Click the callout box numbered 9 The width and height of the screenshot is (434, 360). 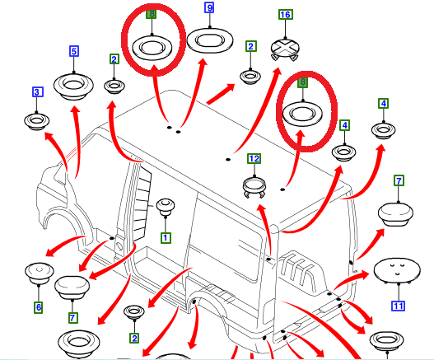tap(209, 7)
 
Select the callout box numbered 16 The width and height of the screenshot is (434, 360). tap(286, 14)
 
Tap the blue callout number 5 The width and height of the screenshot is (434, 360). tap(74, 51)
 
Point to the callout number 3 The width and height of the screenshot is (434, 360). tap(38, 91)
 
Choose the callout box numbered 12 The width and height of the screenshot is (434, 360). tap(254, 159)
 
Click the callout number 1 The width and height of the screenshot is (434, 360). tap(166, 237)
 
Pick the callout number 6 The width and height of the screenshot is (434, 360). tap(39, 307)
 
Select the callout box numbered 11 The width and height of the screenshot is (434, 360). tap(398, 306)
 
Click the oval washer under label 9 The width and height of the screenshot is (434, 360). tap(210, 40)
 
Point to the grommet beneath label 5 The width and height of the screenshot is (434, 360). tap(73, 86)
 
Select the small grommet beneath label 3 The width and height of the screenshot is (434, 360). tap(36, 121)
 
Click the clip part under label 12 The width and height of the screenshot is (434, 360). tap(254, 187)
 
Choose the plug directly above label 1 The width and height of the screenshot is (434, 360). tap(166, 207)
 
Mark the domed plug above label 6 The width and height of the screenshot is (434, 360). tap(39, 274)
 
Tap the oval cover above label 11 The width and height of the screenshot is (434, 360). tap(397, 270)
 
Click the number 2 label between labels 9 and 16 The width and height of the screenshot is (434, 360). tap(251, 46)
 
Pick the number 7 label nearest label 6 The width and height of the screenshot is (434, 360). tap(72, 318)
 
